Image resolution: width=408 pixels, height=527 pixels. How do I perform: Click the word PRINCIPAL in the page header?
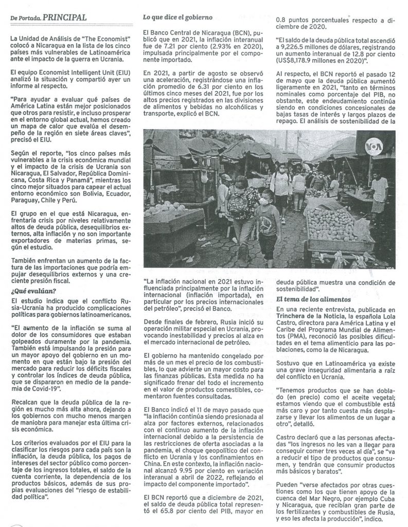[64, 17]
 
